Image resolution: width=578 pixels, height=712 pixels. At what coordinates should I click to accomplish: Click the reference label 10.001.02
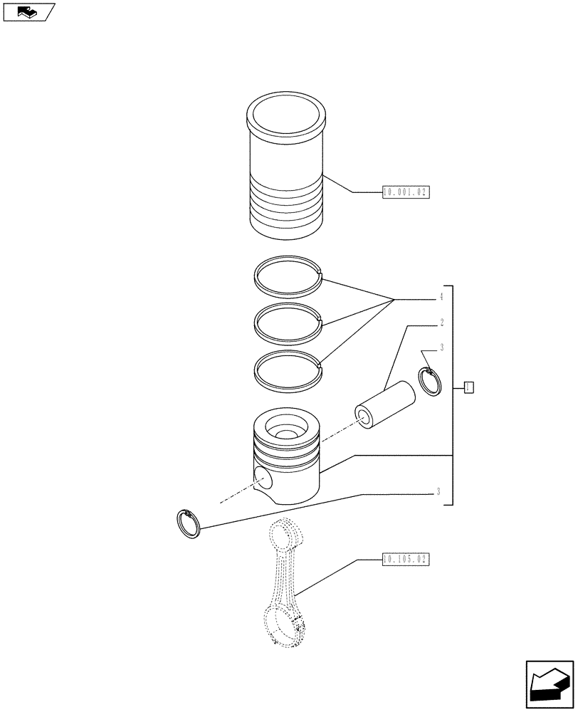pos(406,192)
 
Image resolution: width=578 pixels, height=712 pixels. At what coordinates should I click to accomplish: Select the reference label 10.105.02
pos(406,560)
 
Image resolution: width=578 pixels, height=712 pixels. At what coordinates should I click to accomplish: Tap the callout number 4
pos(441,296)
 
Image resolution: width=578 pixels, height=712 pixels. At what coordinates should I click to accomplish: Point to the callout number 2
pos(441,323)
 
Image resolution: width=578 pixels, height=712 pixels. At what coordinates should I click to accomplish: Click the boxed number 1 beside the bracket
pos(468,387)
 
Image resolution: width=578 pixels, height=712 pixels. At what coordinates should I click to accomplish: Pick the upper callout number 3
pos(441,347)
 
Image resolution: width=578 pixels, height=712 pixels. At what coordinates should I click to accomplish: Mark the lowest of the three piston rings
pos(289,372)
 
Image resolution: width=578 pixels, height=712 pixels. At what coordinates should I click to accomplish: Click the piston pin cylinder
pos(386,406)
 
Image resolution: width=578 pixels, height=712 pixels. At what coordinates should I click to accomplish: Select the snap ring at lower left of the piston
pos(189,525)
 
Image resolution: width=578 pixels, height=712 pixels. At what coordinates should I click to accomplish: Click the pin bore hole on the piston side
pos(263,478)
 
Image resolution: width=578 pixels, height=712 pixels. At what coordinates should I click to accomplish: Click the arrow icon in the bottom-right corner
pos(549,686)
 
